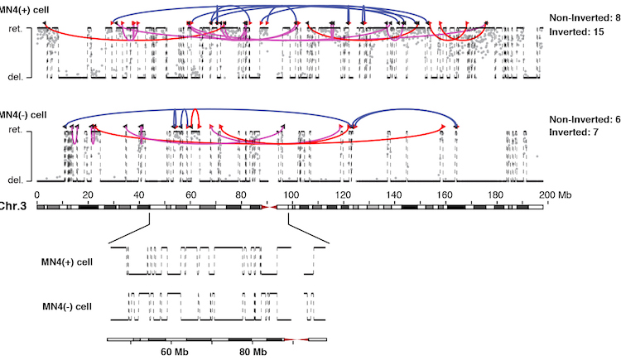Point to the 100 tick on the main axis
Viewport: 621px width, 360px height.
pos(291,194)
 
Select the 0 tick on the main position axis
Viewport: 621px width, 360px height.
pos(37,194)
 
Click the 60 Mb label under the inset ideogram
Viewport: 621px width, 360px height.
pos(175,353)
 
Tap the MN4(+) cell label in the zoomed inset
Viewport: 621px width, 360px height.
pos(68,262)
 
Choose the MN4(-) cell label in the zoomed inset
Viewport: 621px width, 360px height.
pos(68,307)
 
